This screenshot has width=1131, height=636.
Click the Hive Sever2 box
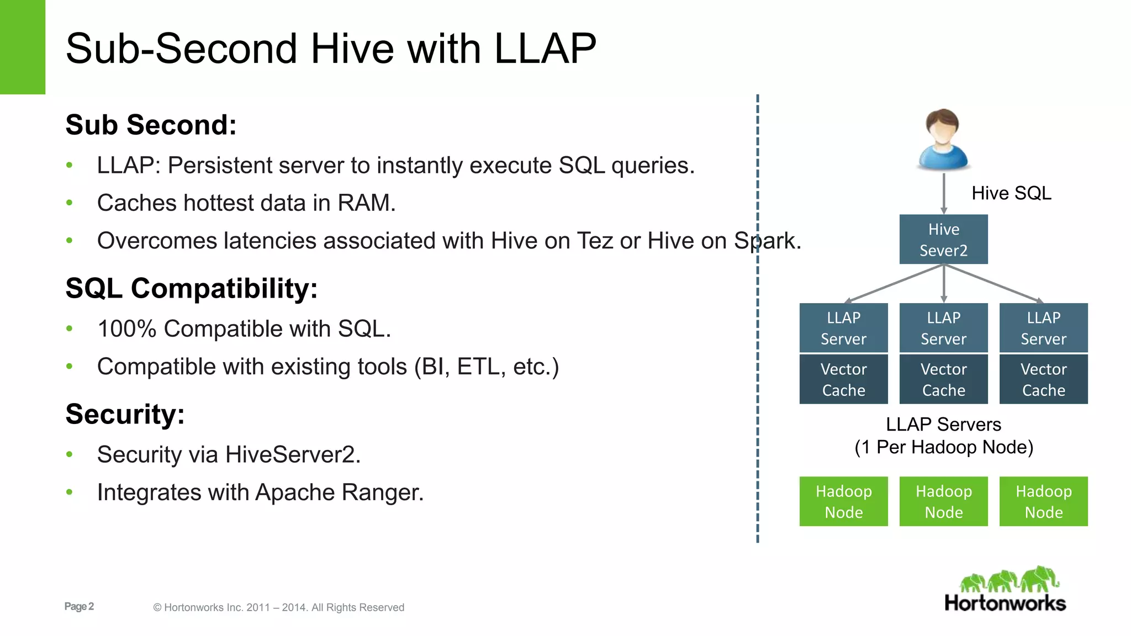pyautogui.click(x=943, y=239)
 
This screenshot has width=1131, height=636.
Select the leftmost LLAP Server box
pyautogui.click(x=843, y=327)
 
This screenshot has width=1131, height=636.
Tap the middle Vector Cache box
pyautogui.click(x=943, y=379)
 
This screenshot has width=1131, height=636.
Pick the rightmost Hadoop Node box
pyautogui.click(x=1043, y=501)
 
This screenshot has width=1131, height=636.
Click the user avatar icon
pyautogui.click(x=943, y=140)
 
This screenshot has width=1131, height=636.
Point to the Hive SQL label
pyautogui.click(x=1011, y=193)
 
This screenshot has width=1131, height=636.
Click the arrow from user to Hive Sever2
pyautogui.click(x=944, y=193)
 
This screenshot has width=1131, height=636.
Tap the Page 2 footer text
pyautogui.click(x=79, y=606)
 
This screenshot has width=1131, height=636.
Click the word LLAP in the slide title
pyautogui.click(x=545, y=49)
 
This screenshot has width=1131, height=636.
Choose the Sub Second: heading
pyautogui.click(x=151, y=125)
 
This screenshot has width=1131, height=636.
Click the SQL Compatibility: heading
pyautogui.click(x=191, y=288)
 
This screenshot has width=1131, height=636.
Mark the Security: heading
pyautogui.click(x=125, y=414)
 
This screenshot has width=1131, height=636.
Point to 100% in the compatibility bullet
pyautogui.click(x=126, y=328)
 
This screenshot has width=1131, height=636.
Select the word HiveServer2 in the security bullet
pyautogui.click(x=293, y=454)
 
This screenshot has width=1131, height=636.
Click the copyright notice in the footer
pyautogui.click(x=278, y=607)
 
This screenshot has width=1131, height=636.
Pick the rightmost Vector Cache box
pyautogui.click(x=1043, y=379)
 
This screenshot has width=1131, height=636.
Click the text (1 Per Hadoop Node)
pyautogui.click(x=943, y=447)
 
